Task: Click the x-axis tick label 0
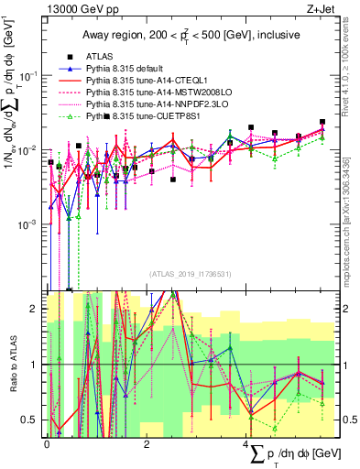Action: click(47, 443)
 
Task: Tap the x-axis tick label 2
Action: click(147, 443)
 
